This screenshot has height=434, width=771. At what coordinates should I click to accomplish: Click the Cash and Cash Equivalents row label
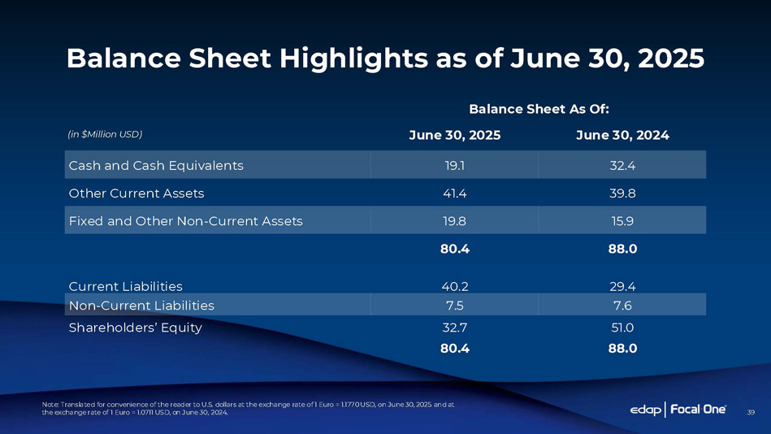coord(156,166)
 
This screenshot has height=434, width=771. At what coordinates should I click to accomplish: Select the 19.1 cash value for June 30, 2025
coord(454,166)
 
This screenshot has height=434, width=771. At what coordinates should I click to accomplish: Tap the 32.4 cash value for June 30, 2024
coord(622,166)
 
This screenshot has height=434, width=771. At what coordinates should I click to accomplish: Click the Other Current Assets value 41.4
coord(454,193)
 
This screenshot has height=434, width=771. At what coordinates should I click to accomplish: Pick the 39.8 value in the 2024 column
coord(622,193)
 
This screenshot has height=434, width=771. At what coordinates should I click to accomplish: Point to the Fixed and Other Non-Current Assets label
coord(186,221)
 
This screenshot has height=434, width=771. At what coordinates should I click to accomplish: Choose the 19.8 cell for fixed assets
coord(454,221)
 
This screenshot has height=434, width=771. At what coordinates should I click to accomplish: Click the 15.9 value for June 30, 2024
coord(622,221)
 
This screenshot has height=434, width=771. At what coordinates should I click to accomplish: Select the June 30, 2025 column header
coord(454,135)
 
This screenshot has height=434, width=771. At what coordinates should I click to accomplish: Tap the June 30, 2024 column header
coord(622,135)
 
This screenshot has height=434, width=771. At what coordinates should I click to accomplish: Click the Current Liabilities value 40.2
coord(454,286)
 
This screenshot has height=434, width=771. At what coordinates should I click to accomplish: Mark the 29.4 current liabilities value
coord(622,286)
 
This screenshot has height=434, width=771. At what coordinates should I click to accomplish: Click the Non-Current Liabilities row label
coord(141,306)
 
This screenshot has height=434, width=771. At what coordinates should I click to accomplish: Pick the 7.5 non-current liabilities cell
coord(454,306)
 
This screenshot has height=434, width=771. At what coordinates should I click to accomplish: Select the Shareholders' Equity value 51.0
coord(622,328)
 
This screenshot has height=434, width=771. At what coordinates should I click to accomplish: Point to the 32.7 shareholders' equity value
coord(454,328)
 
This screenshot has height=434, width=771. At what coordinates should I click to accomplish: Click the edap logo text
coord(646,410)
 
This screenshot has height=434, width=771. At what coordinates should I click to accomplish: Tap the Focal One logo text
coord(700,410)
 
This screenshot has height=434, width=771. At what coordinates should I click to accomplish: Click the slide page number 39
coord(751,413)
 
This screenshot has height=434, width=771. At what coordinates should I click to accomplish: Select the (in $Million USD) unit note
coord(105,134)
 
